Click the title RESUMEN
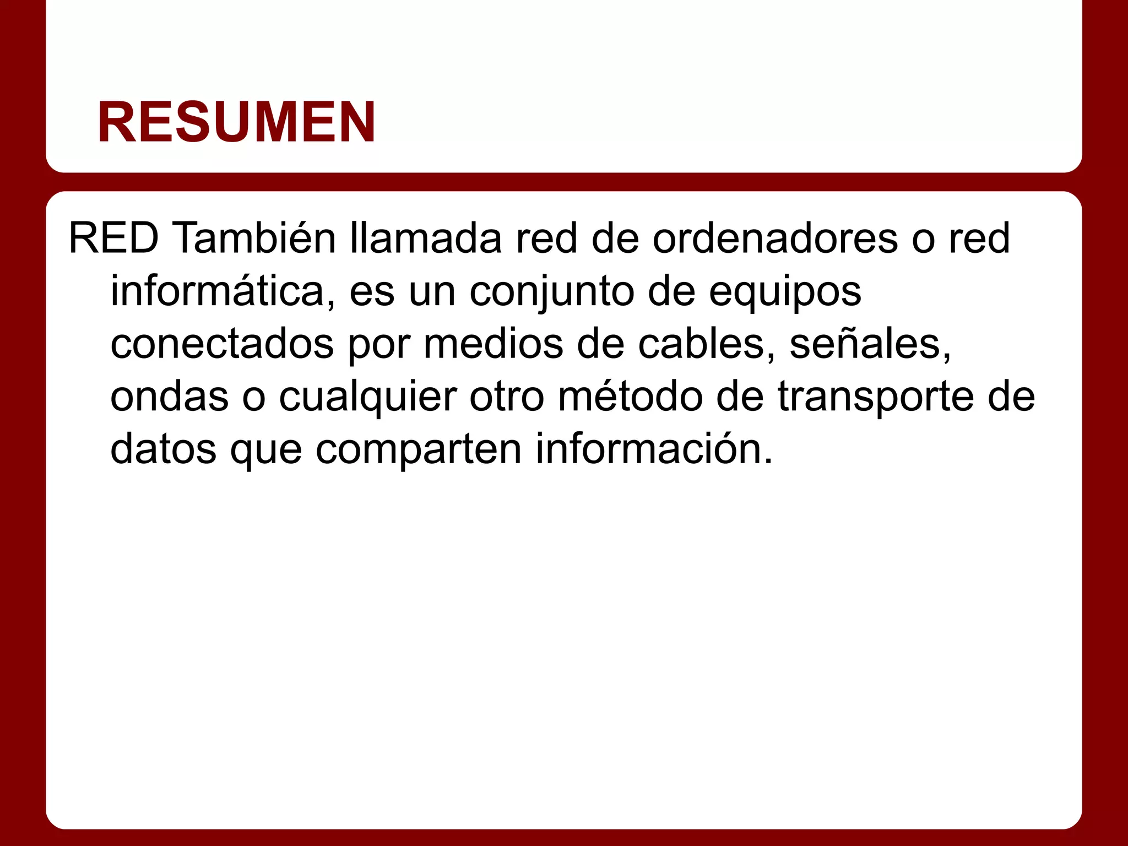click(237, 122)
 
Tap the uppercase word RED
click(113, 238)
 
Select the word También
click(254, 238)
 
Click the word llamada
click(426, 238)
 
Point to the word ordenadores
click(775, 238)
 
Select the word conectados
click(222, 344)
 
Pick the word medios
click(493, 344)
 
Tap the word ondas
click(169, 396)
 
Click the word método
click(630, 396)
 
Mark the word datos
click(164, 448)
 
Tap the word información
click(654, 448)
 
